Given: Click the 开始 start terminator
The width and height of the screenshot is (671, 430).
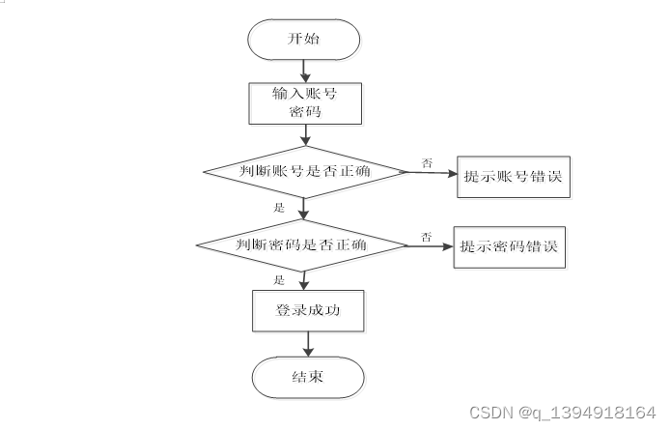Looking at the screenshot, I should [x=305, y=40].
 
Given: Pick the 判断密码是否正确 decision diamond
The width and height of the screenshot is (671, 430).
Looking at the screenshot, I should [x=301, y=244].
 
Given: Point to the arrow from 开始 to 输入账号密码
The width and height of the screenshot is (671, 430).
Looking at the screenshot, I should [x=305, y=71].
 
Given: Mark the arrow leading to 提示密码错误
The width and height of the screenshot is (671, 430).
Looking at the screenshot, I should [x=430, y=245].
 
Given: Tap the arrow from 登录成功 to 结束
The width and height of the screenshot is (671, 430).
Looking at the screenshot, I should [x=306, y=344].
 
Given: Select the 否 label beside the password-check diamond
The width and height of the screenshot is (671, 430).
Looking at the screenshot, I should [x=426, y=235].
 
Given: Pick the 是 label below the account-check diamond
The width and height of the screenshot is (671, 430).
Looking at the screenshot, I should [x=280, y=207].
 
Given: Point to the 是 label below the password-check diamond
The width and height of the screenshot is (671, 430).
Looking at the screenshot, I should [x=280, y=279].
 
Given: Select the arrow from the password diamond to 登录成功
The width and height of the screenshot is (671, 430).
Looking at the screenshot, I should [x=305, y=279].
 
